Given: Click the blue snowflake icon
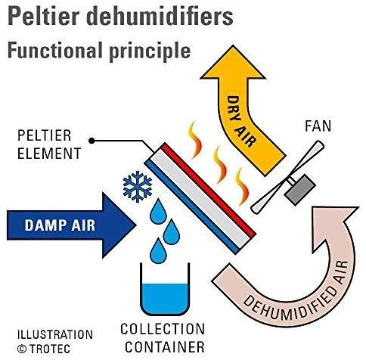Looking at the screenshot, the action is (138, 187).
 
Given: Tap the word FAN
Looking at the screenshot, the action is (318, 126).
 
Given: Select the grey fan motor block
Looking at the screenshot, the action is (300, 189).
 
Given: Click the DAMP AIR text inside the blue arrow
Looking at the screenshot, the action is (60, 225).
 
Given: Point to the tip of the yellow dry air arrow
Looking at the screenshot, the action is (233, 46).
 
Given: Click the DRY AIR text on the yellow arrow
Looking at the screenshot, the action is (240, 122).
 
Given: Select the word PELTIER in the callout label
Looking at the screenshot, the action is (45, 136).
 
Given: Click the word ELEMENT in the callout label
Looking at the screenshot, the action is (49, 153).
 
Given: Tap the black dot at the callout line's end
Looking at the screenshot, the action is (92, 141).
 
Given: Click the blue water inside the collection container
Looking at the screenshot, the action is (165, 298).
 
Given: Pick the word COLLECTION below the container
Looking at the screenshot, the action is (163, 329).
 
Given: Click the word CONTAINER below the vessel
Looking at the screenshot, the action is (165, 347).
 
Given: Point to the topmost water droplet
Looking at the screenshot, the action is (159, 212).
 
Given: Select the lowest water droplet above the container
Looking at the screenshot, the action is (158, 251).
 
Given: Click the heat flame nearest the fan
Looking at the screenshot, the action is (243, 187).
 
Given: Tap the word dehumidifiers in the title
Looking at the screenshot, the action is (161, 16).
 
